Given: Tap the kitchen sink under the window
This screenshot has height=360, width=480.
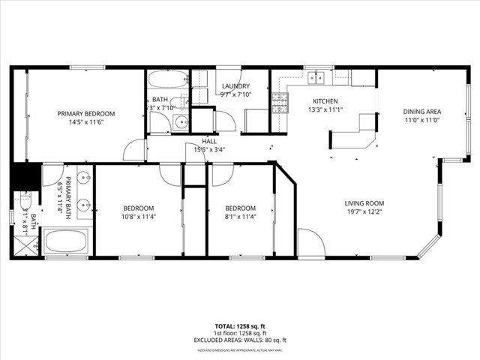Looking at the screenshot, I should (x=317, y=76).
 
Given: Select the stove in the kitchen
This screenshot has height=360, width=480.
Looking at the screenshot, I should (x=280, y=103).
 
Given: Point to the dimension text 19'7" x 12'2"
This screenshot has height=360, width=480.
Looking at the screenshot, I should (x=364, y=212).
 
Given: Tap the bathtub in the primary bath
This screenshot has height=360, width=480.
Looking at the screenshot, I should (x=66, y=242).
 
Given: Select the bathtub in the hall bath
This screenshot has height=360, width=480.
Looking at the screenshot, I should (x=167, y=79).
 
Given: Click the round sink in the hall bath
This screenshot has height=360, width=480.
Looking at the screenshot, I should (x=179, y=124).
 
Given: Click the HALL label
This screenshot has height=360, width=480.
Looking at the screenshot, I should (x=209, y=141).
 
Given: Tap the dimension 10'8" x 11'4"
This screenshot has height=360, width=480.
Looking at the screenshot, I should (x=139, y=217).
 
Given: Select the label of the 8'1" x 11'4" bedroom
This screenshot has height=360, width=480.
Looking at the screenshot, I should (x=241, y=208).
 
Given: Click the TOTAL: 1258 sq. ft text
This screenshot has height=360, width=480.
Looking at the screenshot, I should (x=239, y=326).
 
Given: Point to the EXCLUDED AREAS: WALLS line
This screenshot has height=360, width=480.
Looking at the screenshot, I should (x=239, y=340).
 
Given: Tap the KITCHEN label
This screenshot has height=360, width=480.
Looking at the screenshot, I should (x=325, y=101).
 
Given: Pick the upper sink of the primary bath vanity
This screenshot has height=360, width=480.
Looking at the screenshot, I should (x=82, y=178).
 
